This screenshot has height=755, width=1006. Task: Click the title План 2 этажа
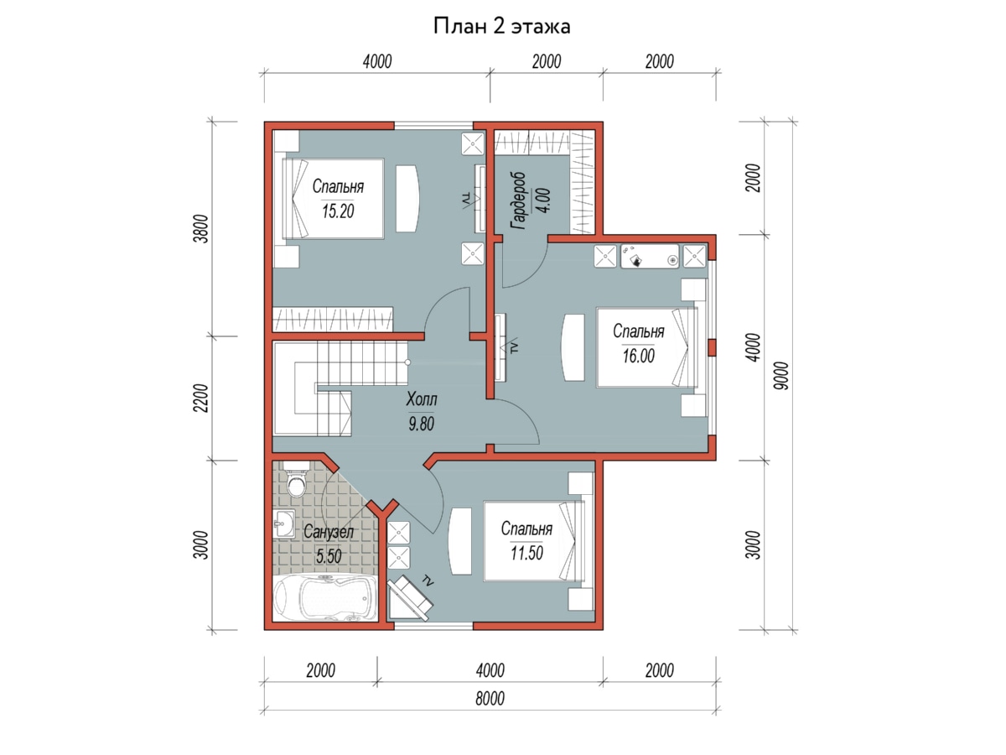pyautogui.click(x=501, y=26)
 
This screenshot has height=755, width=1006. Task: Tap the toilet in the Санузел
pyautogui.click(x=297, y=478)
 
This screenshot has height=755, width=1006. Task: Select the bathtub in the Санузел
pyautogui.click(x=325, y=597)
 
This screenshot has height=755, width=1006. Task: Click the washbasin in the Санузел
pyautogui.click(x=284, y=523)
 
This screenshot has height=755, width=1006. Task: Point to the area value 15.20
pyautogui.click(x=338, y=211)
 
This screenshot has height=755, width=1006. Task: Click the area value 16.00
pyautogui.click(x=639, y=356)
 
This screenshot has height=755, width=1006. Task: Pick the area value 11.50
pyautogui.click(x=526, y=553)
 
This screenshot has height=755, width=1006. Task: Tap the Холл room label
pyautogui.click(x=421, y=400)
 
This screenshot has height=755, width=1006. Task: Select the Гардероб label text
pyautogui.click(x=519, y=200)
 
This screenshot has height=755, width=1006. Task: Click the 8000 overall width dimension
pyautogui.click(x=490, y=699)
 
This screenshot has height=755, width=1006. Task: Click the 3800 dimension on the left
pyautogui.click(x=201, y=228)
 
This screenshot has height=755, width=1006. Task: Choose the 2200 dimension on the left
pyautogui.click(x=201, y=398)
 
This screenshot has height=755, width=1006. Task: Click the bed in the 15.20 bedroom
pyautogui.click(x=333, y=199)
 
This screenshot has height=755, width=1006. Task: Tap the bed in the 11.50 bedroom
pyautogui.click(x=534, y=541)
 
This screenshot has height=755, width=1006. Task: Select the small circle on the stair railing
pyautogui.click(x=407, y=362)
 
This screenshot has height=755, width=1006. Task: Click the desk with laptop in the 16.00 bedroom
pyautogui.click(x=650, y=256)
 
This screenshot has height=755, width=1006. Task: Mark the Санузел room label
pyautogui.click(x=329, y=532)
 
